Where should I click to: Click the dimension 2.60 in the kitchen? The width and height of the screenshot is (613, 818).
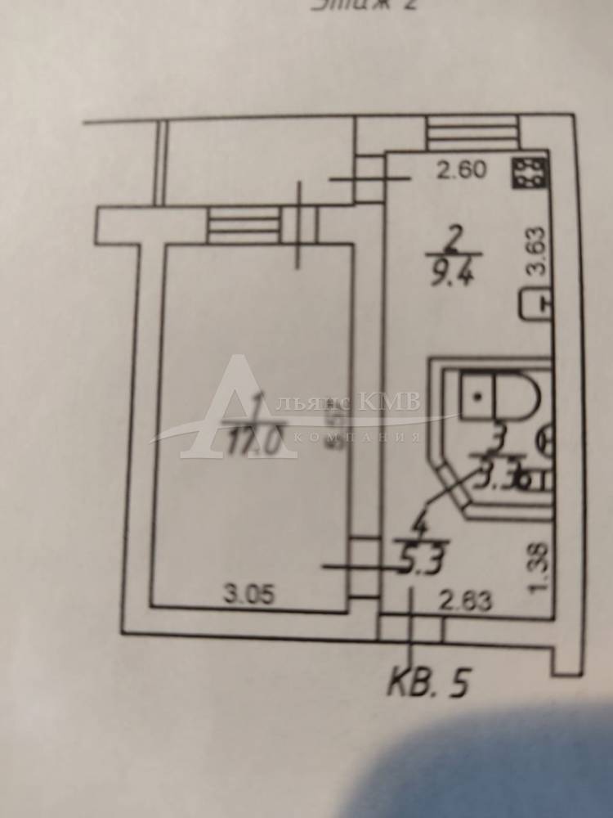[x=463, y=171]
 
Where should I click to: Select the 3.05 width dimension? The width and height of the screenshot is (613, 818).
[x=248, y=595]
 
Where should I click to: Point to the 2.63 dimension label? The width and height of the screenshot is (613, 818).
[x=465, y=603]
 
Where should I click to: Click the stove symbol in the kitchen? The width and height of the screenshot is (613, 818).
[x=529, y=173]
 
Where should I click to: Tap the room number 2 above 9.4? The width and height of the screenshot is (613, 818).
[x=455, y=239]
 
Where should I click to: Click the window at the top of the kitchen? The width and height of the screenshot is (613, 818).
[x=472, y=132]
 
